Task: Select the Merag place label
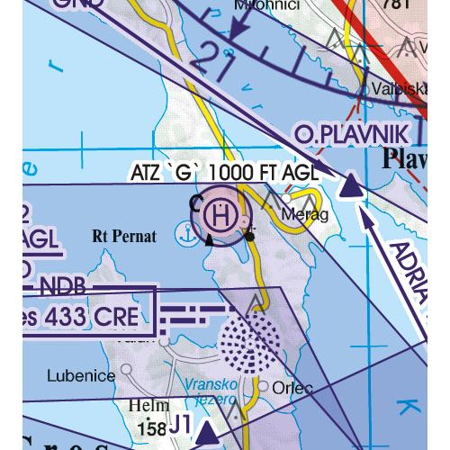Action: coord(300,215)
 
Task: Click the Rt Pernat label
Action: coord(124,237)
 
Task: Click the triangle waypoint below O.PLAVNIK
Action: coord(350,185)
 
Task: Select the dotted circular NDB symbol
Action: coord(248,341)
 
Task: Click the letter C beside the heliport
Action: coord(195,203)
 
